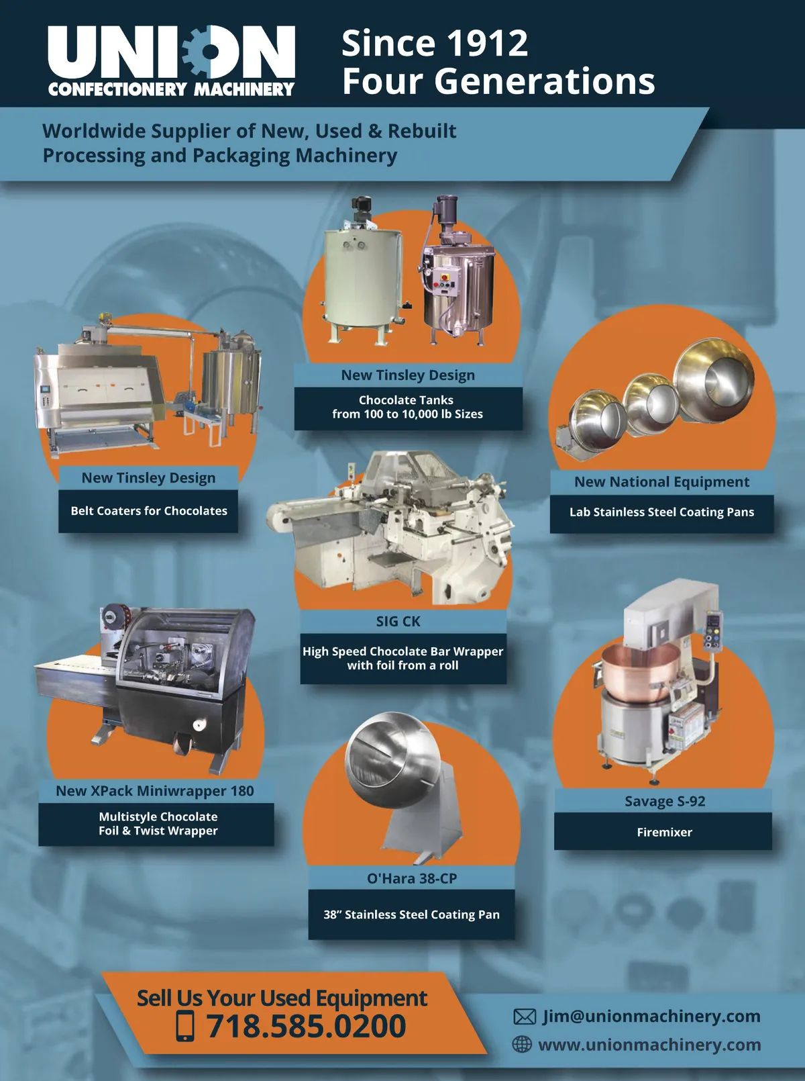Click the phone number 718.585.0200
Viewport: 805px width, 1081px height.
306,1026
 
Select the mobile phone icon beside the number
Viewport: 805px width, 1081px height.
185,1026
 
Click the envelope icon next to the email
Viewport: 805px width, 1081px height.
525,1017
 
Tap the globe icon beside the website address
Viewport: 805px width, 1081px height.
522,1044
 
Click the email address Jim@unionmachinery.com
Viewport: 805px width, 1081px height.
651,1016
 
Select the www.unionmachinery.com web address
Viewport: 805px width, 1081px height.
649,1045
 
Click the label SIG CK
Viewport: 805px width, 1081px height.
398,621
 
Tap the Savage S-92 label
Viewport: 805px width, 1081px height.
665,801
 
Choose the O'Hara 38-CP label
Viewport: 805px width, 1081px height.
412,878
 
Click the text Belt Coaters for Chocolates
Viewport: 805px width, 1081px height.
149,511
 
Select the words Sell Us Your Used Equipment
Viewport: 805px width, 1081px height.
282,998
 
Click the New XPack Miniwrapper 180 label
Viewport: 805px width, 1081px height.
155,790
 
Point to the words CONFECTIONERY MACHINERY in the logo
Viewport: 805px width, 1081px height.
171,89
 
